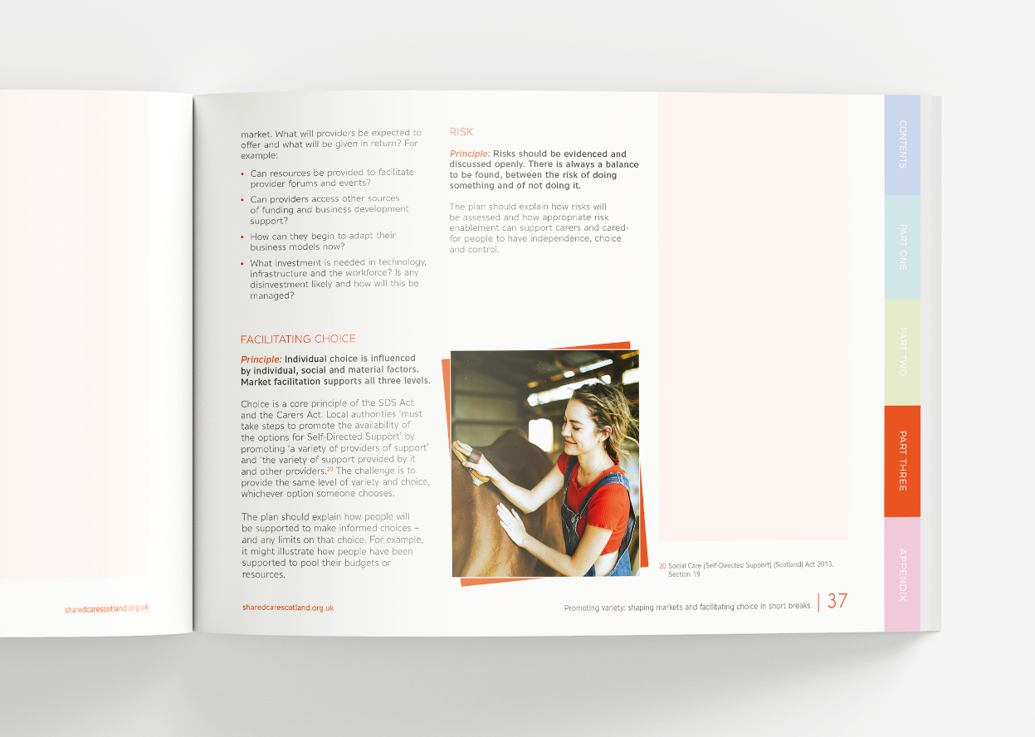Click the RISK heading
[461, 132]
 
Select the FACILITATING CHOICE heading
[298, 339]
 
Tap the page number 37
[837, 602]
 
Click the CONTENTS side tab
[902, 144]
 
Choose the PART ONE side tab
[902, 246]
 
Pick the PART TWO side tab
[902, 351]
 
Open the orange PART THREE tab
[902, 461]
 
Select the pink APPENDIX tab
[902, 573]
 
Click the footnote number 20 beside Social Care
[662, 565]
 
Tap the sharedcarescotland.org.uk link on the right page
[288, 608]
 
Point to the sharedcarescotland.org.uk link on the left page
[106, 608]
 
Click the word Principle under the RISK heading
[470, 154]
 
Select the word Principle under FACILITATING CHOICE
[261, 359]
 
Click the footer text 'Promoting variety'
[686, 607]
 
